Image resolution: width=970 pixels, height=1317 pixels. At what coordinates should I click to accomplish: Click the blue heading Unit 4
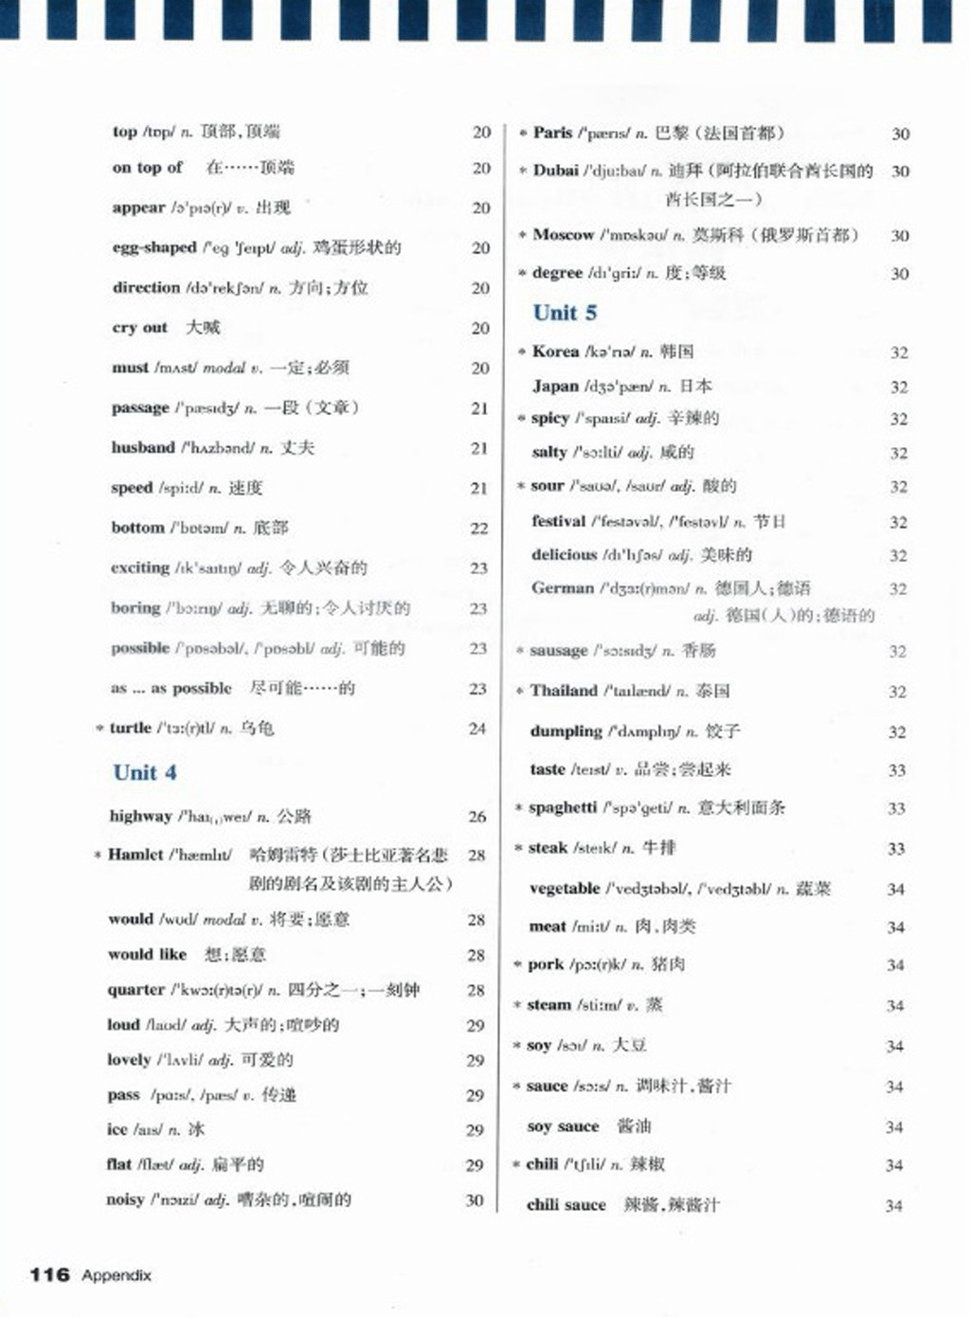pyautogui.click(x=145, y=772)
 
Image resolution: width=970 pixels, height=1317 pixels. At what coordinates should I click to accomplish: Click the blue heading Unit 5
pyautogui.click(x=565, y=313)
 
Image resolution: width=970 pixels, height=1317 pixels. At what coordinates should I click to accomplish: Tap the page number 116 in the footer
pyautogui.click(x=49, y=1274)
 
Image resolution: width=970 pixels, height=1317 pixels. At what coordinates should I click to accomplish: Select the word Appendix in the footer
pyautogui.click(x=117, y=1275)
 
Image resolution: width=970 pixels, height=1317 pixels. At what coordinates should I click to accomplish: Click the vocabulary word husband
pyautogui.click(x=143, y=447)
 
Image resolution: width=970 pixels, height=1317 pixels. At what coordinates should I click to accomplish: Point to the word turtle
pyautogui.click(x=131, y=728)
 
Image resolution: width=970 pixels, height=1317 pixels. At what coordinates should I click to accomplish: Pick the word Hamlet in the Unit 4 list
pyautogui.click(x=135, y=855)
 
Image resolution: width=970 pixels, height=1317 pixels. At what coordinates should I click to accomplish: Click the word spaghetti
pyautogui.click(x=563, y=807)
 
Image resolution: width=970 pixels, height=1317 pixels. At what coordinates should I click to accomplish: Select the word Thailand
pyautogui.click(x=564, y=691)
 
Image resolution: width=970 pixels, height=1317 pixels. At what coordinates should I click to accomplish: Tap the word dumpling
pyautogui.click(x=566, y=731)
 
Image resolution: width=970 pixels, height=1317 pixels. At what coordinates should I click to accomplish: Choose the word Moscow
pyautogui.click(x=563, y=234)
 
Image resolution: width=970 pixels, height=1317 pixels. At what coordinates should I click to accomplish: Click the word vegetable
pyautogui.click(x=565, y=889)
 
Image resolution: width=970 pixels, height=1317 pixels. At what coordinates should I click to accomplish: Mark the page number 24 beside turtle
pyautogui.click(x=477, y=729)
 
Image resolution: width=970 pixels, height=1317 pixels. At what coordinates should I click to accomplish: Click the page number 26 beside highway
pyautogui.click(x=477, y=816)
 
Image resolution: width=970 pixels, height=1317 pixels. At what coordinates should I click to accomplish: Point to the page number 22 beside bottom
pyautogui.click(x=479, y=528)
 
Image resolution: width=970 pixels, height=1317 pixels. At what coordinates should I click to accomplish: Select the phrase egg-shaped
pyautogui.click(x=154, y=247)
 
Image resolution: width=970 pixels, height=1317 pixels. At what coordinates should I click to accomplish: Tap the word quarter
pyautogui.click(x=136, y=989)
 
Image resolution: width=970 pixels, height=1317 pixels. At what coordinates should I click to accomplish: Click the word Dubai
pyautogui.click(x=555, y=171)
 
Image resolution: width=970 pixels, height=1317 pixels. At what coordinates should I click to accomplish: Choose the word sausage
pyautogui.click(x=559, y=650)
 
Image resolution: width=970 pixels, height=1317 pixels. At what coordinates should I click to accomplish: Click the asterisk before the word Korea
pyautogui.click(x=522, y=352)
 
